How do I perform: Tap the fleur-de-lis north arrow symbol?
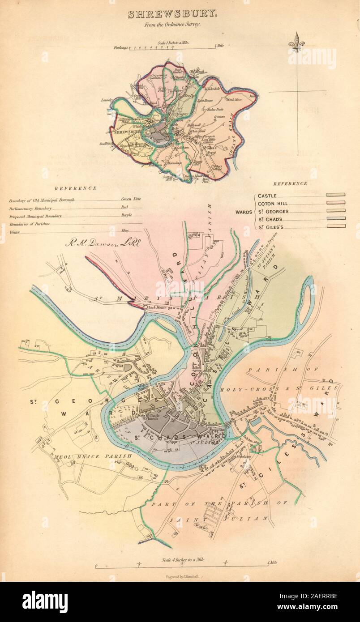pos(296,43)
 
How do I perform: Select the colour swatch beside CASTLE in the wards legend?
pos(335,195)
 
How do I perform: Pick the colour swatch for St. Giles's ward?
pos(335,226)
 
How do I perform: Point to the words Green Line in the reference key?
pos(131,199)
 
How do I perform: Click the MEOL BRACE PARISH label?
pos(93,456)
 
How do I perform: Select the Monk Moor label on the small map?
pos(234,99)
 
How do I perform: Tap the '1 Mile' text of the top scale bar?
pos(219,46)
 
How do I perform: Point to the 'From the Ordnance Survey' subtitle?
pos(172,25)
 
